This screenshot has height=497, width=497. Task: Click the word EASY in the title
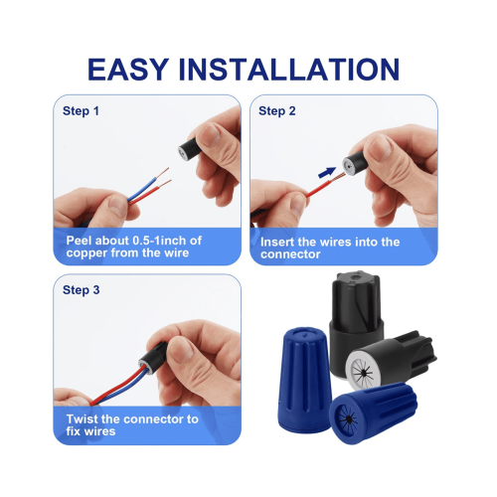click(128, 70)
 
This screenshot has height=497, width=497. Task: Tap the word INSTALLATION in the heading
click(289, 70)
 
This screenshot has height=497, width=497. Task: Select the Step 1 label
click(81, 111)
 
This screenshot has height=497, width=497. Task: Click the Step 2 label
click(277, 111)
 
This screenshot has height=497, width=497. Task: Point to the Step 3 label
click(82, 290)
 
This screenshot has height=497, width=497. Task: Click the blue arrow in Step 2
click(327, 173)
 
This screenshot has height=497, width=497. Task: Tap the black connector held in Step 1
click(190, 149)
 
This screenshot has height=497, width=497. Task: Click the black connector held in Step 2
click(354, 164)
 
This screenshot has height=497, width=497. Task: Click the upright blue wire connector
click(304, 380)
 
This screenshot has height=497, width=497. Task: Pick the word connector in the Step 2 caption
click(290, 254)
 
